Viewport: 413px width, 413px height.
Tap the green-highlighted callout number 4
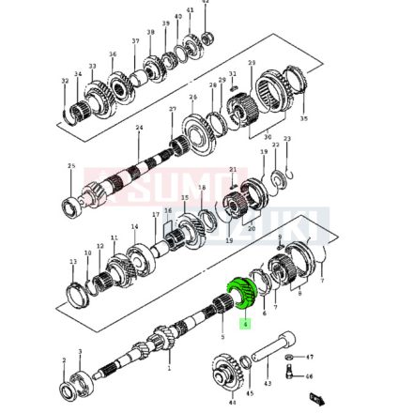[x=245, y=324]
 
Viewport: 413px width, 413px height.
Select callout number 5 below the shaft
[x=222, y=336]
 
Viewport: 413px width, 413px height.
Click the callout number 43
[x=268, y=383]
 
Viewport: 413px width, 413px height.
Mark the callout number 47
[x=311, y=357]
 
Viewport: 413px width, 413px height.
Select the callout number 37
[x=135, y=41]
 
